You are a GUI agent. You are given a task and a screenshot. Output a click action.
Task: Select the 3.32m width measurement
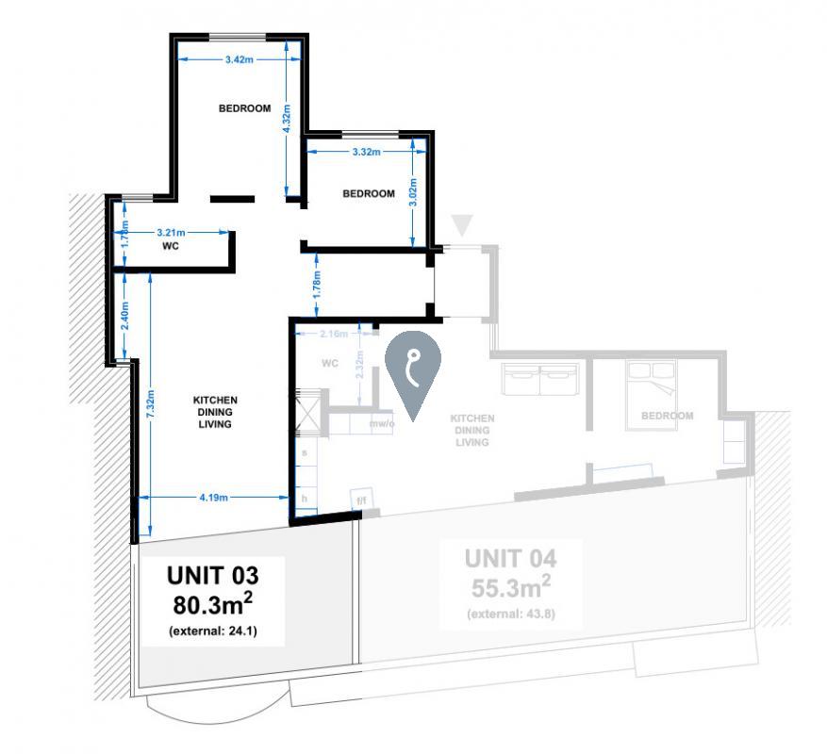366,152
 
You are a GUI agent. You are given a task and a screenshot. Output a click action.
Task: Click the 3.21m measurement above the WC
171,231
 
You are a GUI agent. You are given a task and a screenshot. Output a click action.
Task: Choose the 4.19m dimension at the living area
214,498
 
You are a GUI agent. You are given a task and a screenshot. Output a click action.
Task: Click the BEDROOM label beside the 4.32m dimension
244,108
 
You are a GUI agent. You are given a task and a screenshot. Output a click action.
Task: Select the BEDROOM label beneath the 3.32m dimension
368,194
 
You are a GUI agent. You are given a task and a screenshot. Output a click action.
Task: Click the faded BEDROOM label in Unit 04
667,416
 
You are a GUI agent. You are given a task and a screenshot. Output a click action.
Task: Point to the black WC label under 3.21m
171,247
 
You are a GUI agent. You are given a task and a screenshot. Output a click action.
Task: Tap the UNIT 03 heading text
212,574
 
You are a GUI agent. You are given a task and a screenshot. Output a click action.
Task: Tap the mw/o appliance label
382,425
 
